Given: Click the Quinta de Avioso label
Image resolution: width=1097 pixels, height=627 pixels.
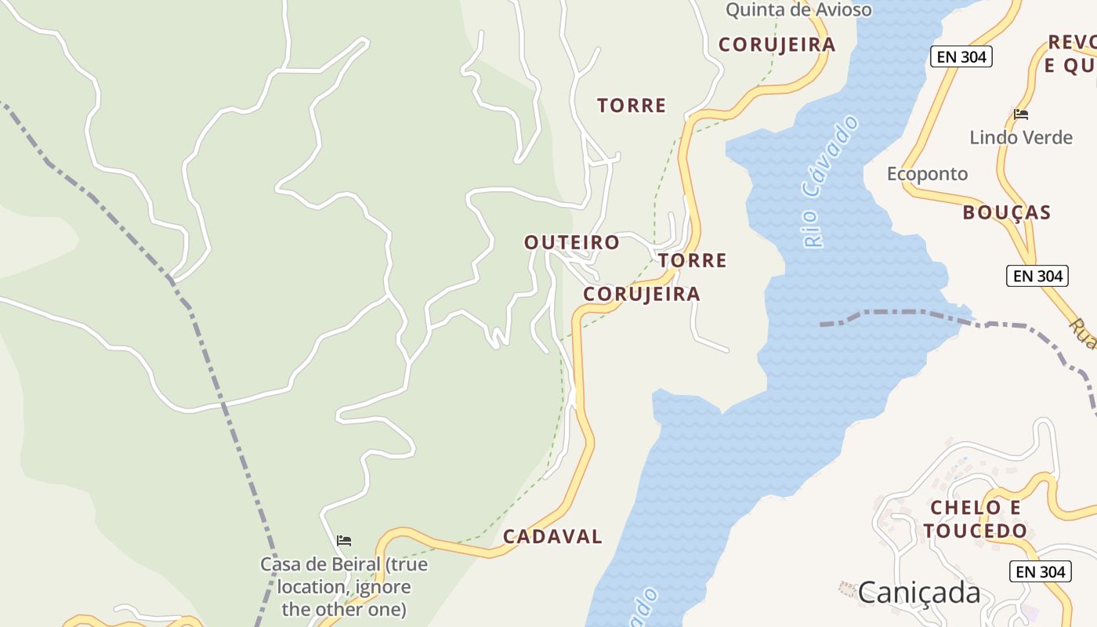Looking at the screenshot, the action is [x=798, y=10].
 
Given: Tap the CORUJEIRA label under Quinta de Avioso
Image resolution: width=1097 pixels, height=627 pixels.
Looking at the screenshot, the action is [x=777, y=45].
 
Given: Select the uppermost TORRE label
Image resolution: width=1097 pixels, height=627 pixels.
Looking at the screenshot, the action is [x=632, y=105].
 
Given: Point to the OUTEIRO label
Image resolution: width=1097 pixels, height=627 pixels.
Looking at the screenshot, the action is [x=572, y=243].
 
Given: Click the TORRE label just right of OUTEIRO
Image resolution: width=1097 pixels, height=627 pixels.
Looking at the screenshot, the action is [x=693, y=260].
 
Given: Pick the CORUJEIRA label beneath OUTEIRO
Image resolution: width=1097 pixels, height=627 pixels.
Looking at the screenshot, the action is [x=642, y=294].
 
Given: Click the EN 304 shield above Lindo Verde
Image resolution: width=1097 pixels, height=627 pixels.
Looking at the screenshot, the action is [x=961, y=56].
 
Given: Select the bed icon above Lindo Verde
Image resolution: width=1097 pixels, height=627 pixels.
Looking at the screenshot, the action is [x=1020, y=114].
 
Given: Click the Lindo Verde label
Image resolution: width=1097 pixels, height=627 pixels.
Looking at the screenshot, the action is [x=1020, y=137].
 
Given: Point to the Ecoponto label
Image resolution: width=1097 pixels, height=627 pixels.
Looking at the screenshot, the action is [x=927, y=173].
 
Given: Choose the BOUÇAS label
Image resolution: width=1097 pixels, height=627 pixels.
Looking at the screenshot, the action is [x=1006, y=212].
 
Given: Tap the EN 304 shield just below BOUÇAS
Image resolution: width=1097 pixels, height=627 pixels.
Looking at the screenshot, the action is [x=1037, y=275].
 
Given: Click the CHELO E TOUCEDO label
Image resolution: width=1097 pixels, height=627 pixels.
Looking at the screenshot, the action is [x=975, y=519].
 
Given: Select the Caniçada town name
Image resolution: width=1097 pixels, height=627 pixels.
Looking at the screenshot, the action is [x=919, y=592].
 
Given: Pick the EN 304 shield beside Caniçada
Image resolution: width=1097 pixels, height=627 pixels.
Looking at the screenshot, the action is [x=1041, y=571].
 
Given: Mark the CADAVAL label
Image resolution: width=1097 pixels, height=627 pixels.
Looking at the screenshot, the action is [x=552, y=537].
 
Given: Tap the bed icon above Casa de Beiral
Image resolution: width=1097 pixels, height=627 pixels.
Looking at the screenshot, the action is [x=343, y=541].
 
